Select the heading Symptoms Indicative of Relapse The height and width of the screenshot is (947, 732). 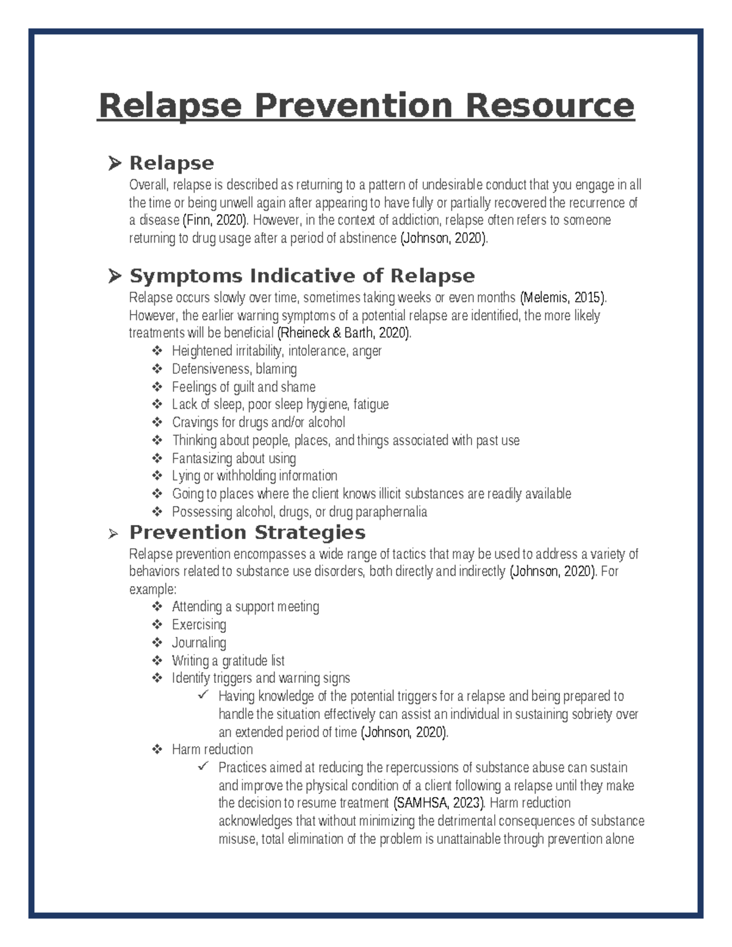coord(301,276)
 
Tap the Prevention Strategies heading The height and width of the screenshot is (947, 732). coord(247,532)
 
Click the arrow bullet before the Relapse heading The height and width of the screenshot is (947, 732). coord(114,163)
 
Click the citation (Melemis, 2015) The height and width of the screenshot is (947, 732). coord(562,298)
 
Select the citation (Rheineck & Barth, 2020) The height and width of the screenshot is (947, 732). coord(344,333)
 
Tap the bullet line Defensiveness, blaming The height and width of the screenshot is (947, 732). coord(234,369)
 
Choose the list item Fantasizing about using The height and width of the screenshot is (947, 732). coord(234,458)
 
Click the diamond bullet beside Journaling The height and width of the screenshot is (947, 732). coord(157,642)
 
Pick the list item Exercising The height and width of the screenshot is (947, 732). coord(199,624)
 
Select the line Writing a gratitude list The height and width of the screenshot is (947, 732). coord(228,660)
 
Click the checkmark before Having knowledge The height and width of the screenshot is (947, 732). coord(203,695)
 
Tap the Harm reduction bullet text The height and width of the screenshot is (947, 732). coord(212,749)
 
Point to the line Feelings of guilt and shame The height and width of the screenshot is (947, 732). coord(243,387)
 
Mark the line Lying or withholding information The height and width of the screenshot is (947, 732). coord(254,476)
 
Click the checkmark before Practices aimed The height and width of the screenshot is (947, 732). coord(203,767)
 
